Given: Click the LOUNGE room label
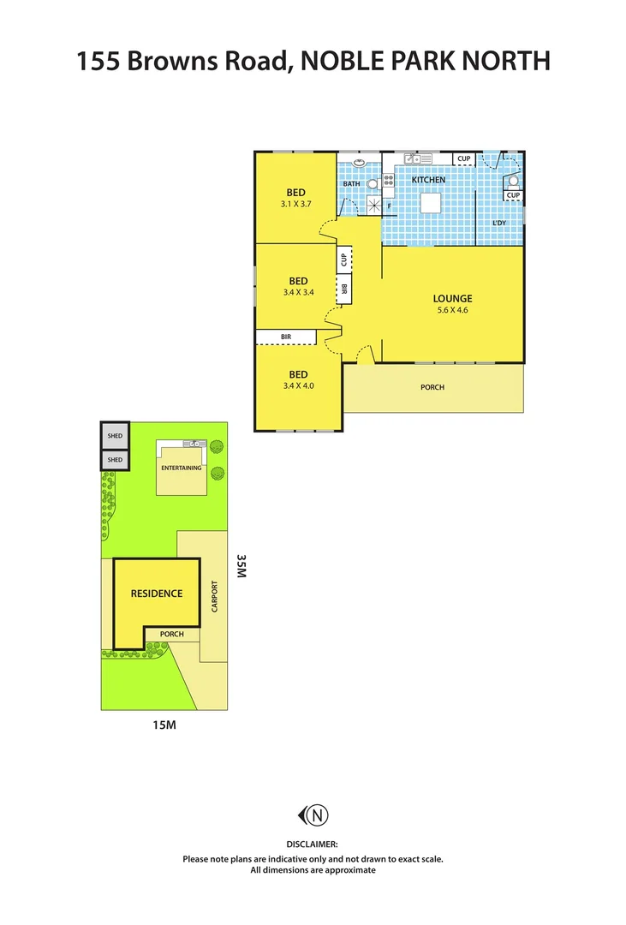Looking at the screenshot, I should coord(452,298).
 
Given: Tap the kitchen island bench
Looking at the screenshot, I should coord(430,202).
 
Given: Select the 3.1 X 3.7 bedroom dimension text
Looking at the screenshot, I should coord(298,205).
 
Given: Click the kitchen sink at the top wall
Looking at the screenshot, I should coord(417,158).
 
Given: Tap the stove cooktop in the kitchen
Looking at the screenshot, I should coord(388,180).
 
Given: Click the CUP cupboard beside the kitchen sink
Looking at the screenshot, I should coord(463,158).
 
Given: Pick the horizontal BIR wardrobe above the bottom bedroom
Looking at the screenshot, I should coord(286,337).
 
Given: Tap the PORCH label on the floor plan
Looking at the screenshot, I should coord(432,387).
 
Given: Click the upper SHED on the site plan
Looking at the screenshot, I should coord(115,436).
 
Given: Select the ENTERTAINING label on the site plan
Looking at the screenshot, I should coord(182,468).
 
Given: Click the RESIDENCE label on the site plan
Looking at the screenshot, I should coord(156,593).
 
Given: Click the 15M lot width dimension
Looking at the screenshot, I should coord(164,725).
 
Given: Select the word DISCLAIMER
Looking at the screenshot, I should coord(313,844).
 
